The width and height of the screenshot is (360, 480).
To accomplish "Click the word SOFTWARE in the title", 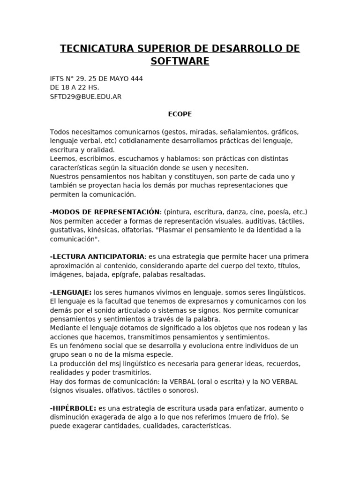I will (x=180, y=61).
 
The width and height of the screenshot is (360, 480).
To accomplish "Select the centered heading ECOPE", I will (x=180, y=114).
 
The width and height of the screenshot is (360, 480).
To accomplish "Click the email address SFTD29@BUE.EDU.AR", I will (x=86, y=97).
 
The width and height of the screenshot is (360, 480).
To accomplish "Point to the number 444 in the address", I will (x=136, y=79).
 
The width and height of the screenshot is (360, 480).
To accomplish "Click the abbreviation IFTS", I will (x=58, y=79).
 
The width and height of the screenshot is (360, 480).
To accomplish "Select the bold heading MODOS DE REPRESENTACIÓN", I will (x=106, y=212).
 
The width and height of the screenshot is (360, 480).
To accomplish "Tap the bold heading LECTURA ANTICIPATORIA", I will (x=98, y=256).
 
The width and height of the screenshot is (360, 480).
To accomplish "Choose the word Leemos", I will (x=62, y=158).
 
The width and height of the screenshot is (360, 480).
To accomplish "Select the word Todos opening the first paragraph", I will (x=60, y=132).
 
